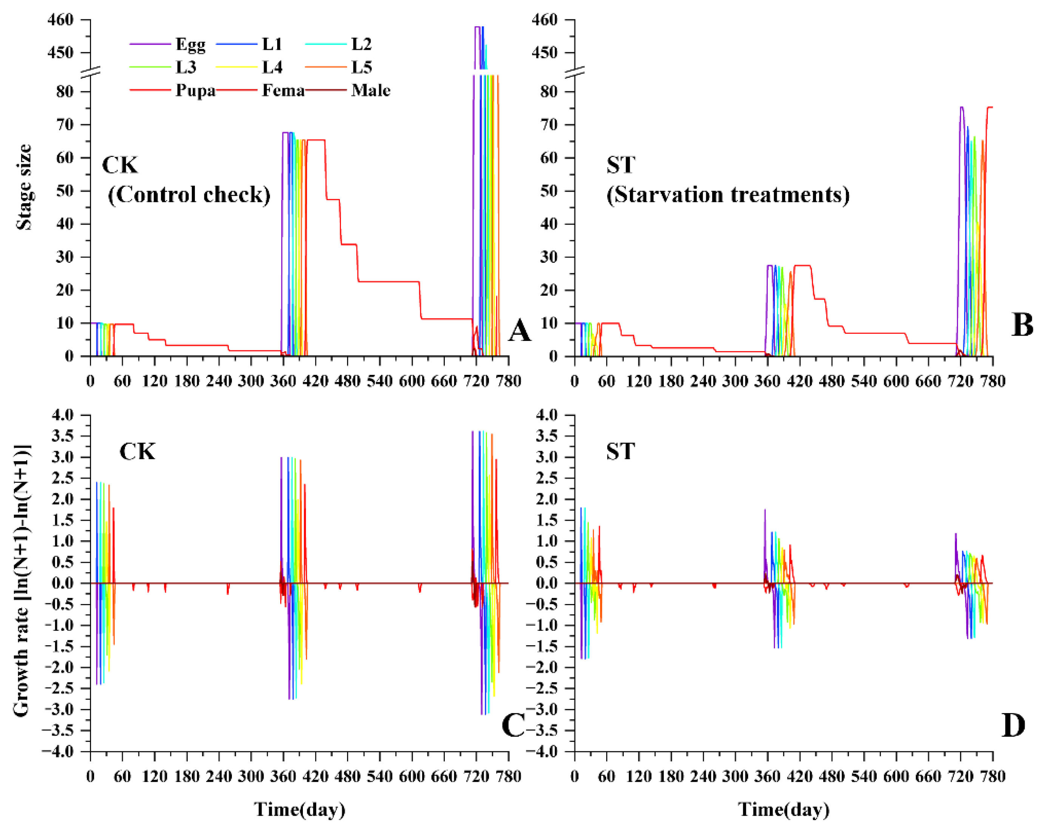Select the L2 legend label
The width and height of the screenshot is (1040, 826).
point(361,45)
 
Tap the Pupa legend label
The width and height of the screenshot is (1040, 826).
point(195,90)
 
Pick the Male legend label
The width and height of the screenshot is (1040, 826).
point(370,90)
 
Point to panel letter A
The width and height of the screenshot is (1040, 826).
point(520,331)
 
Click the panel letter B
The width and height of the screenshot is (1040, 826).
point(1021,325)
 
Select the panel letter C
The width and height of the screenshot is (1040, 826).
point(513,725)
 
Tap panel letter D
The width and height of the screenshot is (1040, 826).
point(1013,725)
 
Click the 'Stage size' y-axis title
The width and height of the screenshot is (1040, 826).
point(24,187)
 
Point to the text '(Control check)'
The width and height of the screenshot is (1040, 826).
point(189,195)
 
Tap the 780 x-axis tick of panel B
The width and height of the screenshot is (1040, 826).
point(993,381)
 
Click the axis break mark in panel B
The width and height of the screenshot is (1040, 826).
point(574,72)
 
